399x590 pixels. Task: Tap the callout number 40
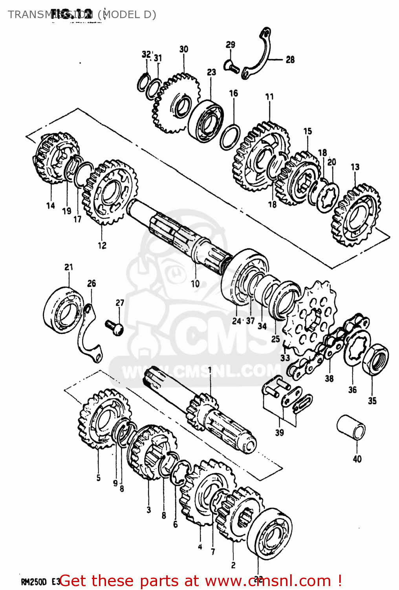point(357,459)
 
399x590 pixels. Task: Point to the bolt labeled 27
point(114,327)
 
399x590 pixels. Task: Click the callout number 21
point(69,267)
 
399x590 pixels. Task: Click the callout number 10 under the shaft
point(195,284)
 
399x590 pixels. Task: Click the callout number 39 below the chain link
point(279,433)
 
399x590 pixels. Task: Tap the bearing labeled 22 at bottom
point(271,533)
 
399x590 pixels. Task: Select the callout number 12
point(102,245)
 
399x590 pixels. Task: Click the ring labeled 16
point(230,137)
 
